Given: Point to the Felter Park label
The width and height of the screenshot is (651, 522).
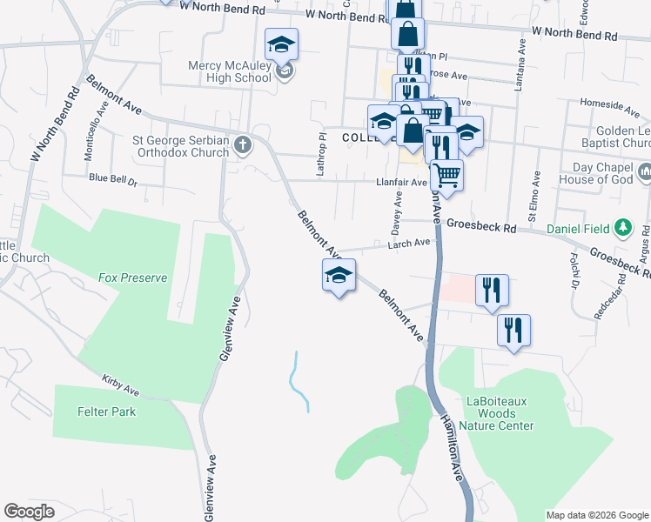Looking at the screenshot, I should [x=106, y=412].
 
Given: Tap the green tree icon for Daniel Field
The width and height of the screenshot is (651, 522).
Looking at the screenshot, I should [x=622, y=229].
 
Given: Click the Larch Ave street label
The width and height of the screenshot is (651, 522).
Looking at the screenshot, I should [x=411, y=244].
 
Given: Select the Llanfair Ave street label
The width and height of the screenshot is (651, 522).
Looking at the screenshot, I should [x=401, y=182].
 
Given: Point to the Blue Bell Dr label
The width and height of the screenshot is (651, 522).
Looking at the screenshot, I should [x=113, y=179].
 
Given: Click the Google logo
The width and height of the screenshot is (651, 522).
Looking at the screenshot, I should [x=29, y=512].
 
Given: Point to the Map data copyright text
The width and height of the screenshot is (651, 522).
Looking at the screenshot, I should [x=596, y=515].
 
